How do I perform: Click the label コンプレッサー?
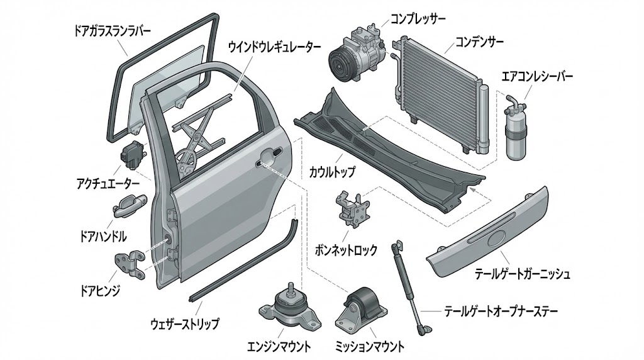pos(418,19)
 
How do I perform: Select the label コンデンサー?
pos(480,43)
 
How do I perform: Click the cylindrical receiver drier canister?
pos(517,130)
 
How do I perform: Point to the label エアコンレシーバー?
pos(537,77)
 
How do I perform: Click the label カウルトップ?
pos(333,171)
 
